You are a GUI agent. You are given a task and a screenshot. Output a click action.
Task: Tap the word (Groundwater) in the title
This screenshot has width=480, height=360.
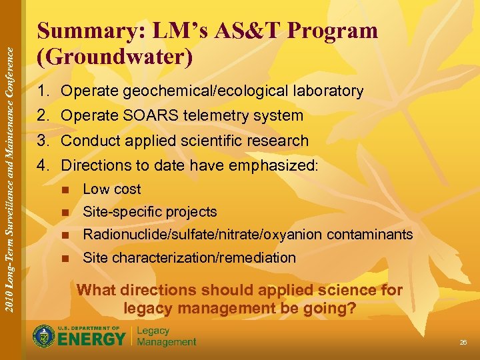point(115,57)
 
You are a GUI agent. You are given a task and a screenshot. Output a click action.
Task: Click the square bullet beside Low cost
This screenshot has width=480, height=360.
point(65,189)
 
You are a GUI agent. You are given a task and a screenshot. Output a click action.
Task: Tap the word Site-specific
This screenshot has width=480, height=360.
point(121,212)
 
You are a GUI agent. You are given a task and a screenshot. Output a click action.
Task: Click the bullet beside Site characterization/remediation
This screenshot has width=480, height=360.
point(65,258)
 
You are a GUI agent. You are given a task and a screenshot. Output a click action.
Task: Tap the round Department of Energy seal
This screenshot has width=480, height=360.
point(45,335)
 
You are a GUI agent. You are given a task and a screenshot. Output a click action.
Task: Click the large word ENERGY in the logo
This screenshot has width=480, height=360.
point(92,339)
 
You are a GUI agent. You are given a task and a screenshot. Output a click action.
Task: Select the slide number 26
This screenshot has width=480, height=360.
point(463,343)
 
